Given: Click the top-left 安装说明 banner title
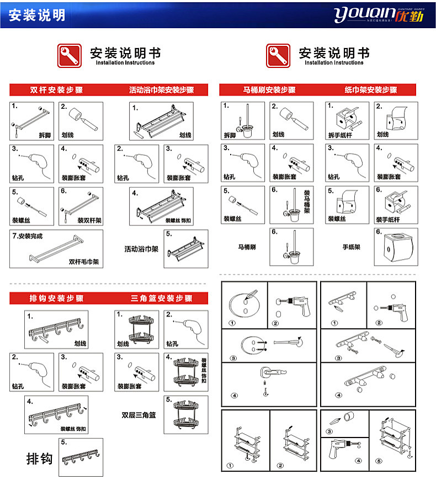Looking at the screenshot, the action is tap(37, 15).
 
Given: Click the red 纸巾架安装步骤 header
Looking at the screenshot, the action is tap(371, 89).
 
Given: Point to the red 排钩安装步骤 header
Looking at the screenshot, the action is tap(56, 299).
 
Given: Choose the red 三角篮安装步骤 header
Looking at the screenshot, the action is tap(162, 299).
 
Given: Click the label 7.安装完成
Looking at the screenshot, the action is tap(28, 236).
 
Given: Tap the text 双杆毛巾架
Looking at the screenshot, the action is tap(83, 262).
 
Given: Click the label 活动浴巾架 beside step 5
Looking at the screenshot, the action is tap(141, 249).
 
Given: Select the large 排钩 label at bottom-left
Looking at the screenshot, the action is tap(40, 458).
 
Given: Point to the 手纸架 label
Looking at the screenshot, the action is tap(351, 247).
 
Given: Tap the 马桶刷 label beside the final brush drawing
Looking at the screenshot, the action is tap(247, 247).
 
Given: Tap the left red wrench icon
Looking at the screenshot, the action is tap(70, 56).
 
